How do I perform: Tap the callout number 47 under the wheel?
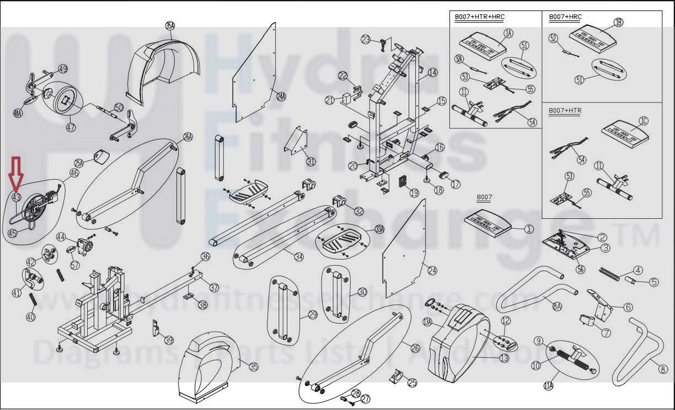click(x=71, y=127)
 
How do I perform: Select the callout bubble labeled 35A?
click(x=170, y=25)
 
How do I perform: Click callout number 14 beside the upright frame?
click(x=432, y=72)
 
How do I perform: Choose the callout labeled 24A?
click(x=281, y=97)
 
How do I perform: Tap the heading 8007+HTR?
click(x=565, y=110)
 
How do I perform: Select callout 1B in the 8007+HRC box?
click(x=619, y=22)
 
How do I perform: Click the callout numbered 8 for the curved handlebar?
click(x=663, y=369)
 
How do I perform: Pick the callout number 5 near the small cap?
click(x=654, y=282)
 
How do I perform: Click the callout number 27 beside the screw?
click(x=365, y=398)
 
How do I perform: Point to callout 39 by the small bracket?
click(x=169, y=340)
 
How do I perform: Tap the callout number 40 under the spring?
click(x=30, y=317)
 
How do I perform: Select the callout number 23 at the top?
click(x=365, y=39)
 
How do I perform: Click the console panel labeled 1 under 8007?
click(x=488, y=222)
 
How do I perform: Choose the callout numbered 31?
click(x=311, y=162)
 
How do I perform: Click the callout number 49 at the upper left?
click(x=63, y=69)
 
